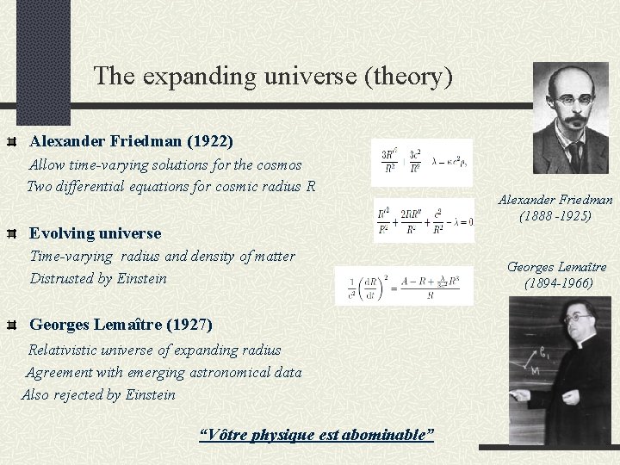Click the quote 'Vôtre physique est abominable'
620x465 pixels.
(316, 434)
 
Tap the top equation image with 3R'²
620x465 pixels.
(422, 162)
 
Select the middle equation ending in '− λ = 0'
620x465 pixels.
(424, 220)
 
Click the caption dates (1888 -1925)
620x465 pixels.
(555, 215)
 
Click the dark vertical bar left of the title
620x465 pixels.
(31, 60)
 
